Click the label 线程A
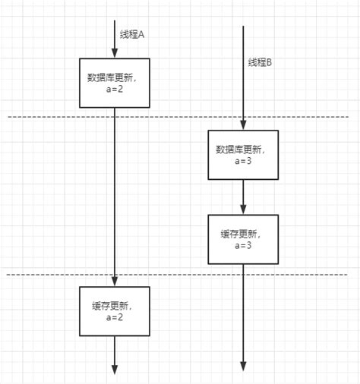coord(131,35)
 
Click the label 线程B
coord(259,62)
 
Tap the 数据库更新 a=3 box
coord(243,155)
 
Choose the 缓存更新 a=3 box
coord(243,239)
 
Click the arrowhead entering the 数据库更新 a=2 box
coord(114,54)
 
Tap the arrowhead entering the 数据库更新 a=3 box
coord(243,125)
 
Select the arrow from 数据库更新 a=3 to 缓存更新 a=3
coord(243,197)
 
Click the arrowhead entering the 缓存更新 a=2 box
coord(114,282)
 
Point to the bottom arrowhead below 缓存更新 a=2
coord(114,369)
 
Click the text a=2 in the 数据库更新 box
coord(115,90)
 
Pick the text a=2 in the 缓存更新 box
coord(115,319)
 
